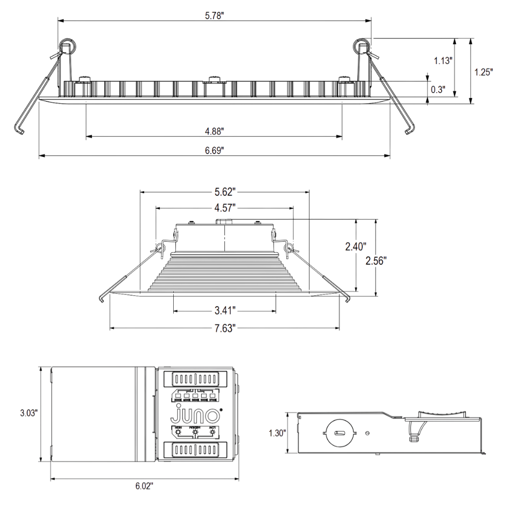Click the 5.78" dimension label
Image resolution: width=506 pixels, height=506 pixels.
(x=215, y=16)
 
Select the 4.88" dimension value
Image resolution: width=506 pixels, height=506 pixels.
(x=215, y=131)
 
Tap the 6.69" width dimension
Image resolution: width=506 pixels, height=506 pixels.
(x=215, y=151)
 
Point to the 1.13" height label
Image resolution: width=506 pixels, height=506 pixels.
(x=443, y=61)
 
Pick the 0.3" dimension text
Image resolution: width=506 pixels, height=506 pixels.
(x=438, y=90)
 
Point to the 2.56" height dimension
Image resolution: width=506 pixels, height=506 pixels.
(x=376, y=261)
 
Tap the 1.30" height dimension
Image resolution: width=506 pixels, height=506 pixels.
(x=277, y=433)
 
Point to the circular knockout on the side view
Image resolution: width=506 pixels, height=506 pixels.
(x=339, y=433)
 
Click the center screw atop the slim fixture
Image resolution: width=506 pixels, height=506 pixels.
(x=214, y=79)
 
